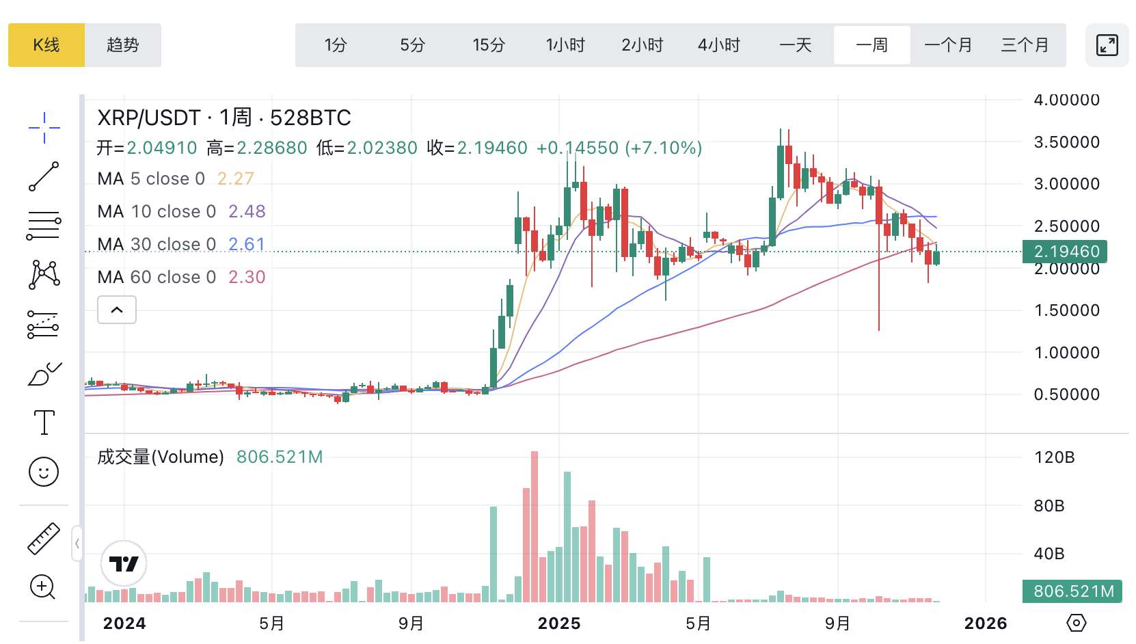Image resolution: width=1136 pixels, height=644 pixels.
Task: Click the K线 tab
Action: pyautogui.click(x=46, y=45)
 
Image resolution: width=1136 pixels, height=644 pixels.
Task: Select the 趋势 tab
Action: pyautogui.click(x=123, y=45)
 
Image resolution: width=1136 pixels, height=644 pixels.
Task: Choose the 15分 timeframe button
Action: pyautogui.click(x=489, y=45)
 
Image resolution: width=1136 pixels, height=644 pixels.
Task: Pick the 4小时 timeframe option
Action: pyautogui.click(x=719, y=45)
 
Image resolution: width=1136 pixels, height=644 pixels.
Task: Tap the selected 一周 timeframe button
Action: pyautogui.click(x=871, y=45)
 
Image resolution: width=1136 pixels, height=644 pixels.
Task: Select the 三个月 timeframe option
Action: pyautogui.click(x=1025, y=45)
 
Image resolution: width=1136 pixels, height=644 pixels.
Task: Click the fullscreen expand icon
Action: pyautogui.click(x=1107, y=45)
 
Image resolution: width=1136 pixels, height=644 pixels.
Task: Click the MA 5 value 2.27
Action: pyautogui.click(x=235, y=179)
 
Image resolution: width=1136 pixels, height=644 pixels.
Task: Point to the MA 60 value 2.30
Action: pyautogui.click(x=247, y=278)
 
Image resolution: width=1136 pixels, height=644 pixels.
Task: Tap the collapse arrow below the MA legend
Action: pyautogui.click(x=117, y=310)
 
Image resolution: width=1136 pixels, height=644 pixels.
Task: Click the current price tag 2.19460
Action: pyautogui.click(x=1065, y=252)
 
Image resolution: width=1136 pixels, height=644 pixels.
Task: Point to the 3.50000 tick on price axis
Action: pyautogui.click(x=1066, y=142)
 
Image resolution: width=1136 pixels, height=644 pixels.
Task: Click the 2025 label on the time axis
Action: pyautogui.click(x=559, y=623)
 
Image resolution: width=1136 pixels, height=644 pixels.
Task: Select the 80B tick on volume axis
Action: pyautogui.click(x=1049, y=506)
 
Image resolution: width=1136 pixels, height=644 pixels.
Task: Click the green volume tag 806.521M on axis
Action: pyautogui.click(x=1072, y=591)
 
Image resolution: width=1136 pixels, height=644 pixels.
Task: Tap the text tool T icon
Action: pyautogui.click(x=44, y=422)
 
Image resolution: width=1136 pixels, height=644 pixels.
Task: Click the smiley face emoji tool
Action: pyautogui.click(x=44, y=472)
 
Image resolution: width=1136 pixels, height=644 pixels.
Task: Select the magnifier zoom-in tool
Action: pyautogui.click(x=43, y=587)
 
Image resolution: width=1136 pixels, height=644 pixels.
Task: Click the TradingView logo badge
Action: pyautogui.click(x=124, y=564)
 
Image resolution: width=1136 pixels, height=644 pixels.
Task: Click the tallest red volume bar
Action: pyautogui.click(x=535, y=526)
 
